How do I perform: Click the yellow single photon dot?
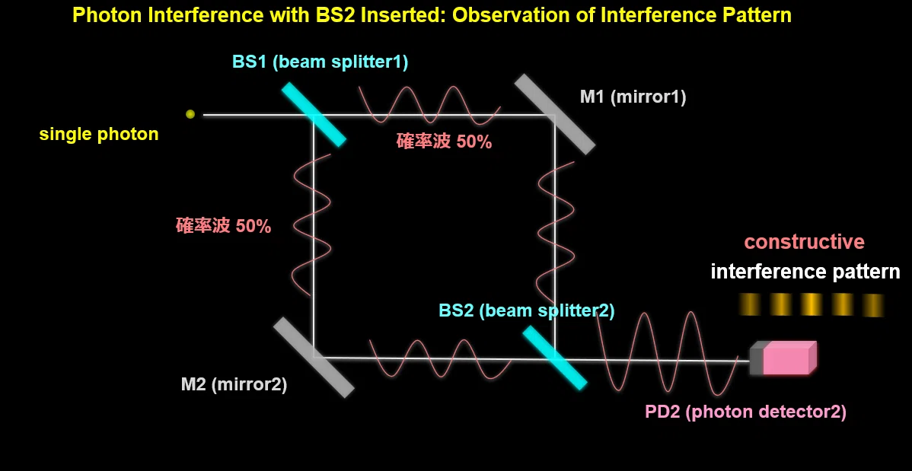click(x=190, y=114)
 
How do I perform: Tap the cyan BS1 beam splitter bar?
click(x=314, y=114)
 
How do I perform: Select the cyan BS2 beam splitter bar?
click(x=555, y=357)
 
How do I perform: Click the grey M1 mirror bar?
click(x=556, y=114)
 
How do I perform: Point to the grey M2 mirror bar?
click(x=314, y=357)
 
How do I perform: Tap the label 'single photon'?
click(x=99, y=135)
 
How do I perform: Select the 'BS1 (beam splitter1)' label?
click(x=320, y=62)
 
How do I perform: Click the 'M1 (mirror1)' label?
click(x=633, y=97)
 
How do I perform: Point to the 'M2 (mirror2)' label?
click(x=234, y=385)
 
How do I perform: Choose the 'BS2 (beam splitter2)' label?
click(x=526, y=310)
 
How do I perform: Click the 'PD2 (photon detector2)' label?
click(x=745, y=412)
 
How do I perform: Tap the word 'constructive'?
click(x=805, y=242)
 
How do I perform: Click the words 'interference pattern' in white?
click(x=805, y=272)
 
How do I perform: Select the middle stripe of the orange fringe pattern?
click(x=812, y=304)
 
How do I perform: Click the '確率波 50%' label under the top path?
click(x=445, y=142)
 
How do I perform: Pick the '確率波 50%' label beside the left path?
click(x=223, y=226)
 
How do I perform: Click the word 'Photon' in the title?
click(x=107, y=15)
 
